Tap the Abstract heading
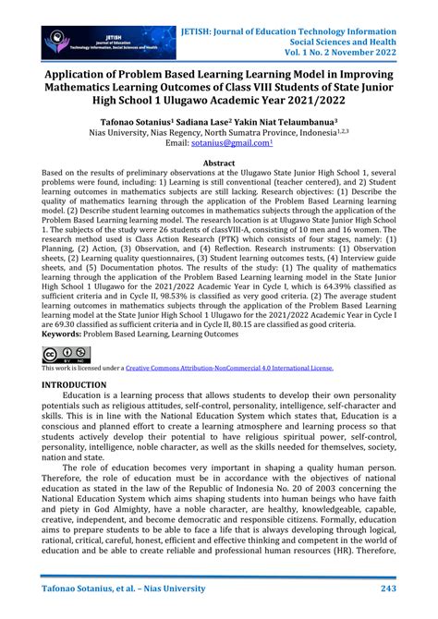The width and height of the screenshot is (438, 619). (219, 163)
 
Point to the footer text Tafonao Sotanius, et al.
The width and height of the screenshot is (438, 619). (96, 588)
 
